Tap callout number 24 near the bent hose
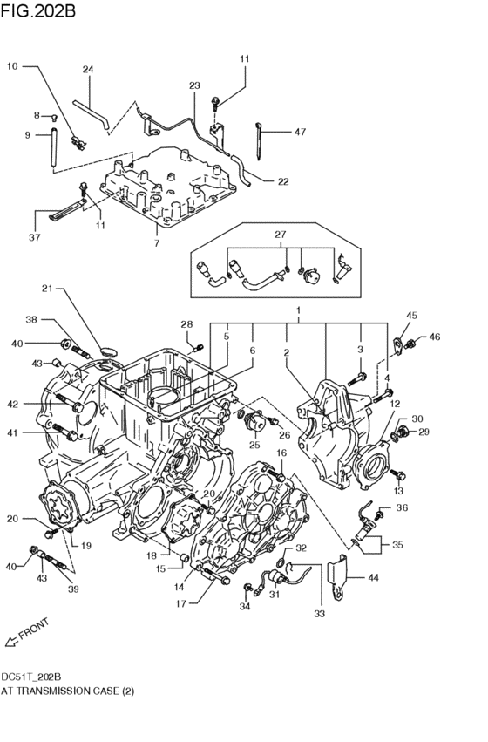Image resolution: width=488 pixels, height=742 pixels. pos(88,70)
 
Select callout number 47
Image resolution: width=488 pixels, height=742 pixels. pos(299,132)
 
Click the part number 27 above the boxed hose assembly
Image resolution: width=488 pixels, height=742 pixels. pos(280,235)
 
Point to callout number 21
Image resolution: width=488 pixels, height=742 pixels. pos(48,288)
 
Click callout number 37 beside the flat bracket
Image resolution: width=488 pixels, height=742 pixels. pos(34,237)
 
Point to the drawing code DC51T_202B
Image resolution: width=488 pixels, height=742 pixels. pos(31,676)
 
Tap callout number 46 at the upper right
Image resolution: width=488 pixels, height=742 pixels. pos(434,337)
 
